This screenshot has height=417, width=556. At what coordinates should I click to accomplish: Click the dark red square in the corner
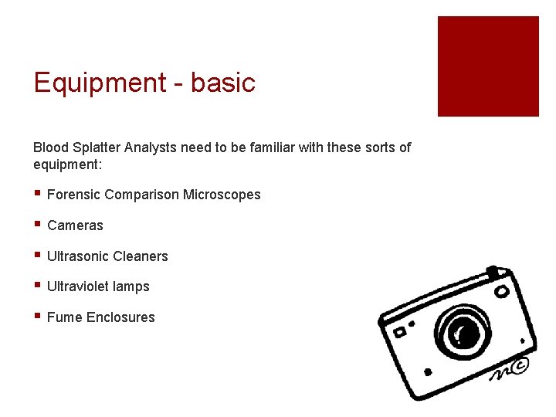point(488,66)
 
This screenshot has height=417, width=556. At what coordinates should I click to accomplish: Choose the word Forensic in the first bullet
point(73,195)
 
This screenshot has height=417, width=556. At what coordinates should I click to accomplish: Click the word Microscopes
point(222,195)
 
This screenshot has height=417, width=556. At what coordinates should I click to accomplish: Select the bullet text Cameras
point(75,225)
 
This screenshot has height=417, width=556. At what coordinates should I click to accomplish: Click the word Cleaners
point(141,256)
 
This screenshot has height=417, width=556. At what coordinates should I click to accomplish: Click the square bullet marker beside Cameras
point(37,225)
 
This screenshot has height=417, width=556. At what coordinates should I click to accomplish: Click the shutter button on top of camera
point(492,272)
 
